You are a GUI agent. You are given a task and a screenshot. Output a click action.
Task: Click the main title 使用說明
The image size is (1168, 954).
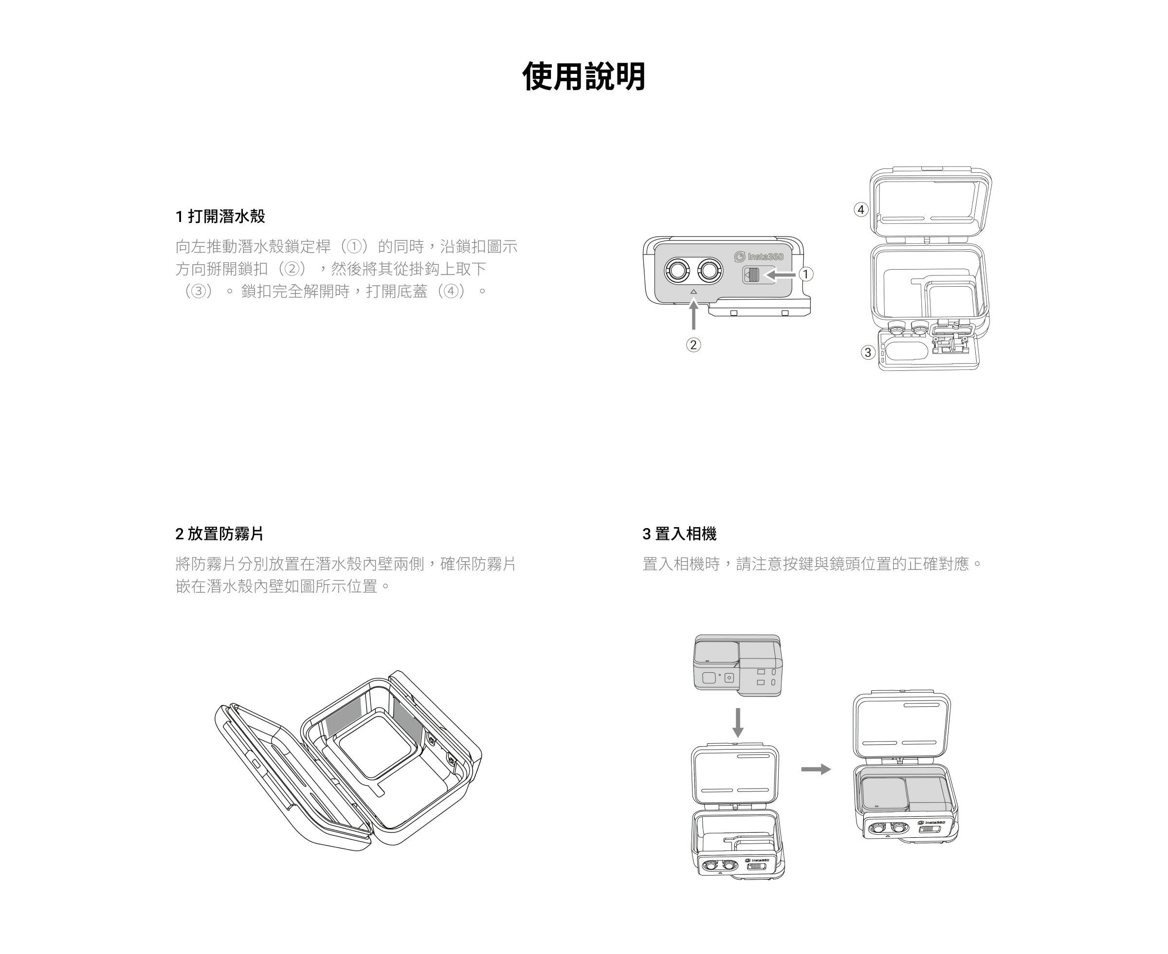pyautogui.click(x=584, y=76)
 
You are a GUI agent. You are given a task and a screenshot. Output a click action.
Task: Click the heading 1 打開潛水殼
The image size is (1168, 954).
pyautogui.click(x=220, y=217)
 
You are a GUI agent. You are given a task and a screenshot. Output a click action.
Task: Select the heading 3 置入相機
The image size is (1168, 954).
pyautogui.click(x=679, y=533)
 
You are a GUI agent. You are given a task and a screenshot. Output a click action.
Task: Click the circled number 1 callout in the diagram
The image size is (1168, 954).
pyautogui.click(x=805, y=274)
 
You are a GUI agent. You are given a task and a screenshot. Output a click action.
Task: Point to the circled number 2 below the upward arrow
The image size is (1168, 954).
pyautogui.click(x=693, y=345)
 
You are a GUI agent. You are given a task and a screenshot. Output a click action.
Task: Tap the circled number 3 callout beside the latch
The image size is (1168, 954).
pyautogui.click(x=868, y=352)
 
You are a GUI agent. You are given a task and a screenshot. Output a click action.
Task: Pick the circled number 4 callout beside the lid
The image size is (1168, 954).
pyautogui.click(x=861, y=209)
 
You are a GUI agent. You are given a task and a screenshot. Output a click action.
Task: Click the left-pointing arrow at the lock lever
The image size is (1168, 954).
pyautogui.click(x=781, y=274)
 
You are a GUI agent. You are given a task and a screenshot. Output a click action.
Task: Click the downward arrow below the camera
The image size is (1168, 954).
pyautogui.click(x=738, y=722)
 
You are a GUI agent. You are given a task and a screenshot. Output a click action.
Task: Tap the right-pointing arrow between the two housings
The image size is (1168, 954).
pyautogui.click(x=816, y=770)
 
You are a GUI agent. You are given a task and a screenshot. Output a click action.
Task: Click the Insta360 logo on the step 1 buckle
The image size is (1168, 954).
pyautogui.click(x=759, y=257)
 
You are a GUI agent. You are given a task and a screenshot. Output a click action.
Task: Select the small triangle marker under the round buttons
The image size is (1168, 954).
pyautogui.click(x=693, y=292)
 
